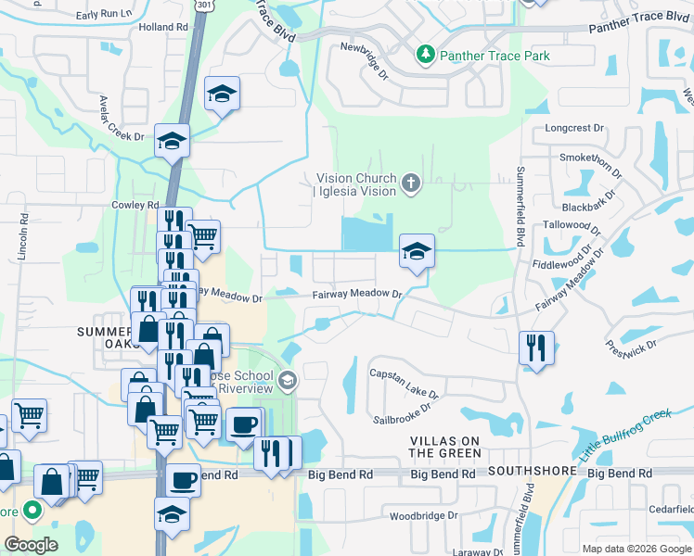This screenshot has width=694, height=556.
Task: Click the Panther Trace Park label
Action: (x=495, y=56)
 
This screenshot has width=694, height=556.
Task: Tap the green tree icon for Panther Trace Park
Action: (x=426, y=55)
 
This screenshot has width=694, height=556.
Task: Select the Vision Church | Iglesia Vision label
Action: (x=356, y=184)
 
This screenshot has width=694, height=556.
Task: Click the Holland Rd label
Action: (x=163, y=28)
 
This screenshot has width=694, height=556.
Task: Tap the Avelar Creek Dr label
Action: (x=122, y=118)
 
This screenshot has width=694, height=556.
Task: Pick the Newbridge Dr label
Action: (x=363, y=58)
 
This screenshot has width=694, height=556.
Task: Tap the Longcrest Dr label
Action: (x=574, y=128)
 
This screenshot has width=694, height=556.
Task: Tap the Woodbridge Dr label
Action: (x=424, y=515)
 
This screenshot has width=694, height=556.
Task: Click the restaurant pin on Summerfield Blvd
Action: (x=536, y=348)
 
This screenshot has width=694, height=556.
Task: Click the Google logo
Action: (x=32, y=545)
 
